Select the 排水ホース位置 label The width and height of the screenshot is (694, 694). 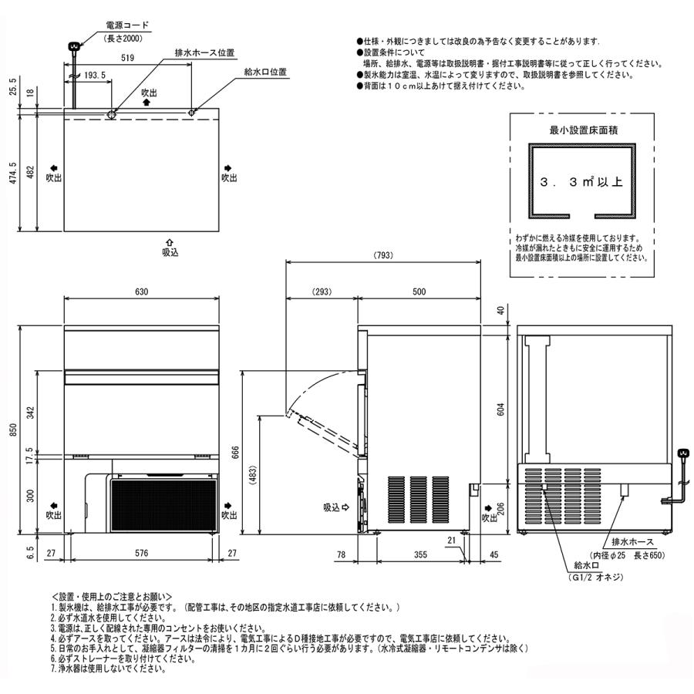204,52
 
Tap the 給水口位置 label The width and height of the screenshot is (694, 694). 264,72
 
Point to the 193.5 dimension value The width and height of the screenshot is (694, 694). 96,76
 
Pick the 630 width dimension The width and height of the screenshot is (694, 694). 141,292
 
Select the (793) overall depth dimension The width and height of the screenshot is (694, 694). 383,255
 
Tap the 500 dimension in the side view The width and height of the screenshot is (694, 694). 419,292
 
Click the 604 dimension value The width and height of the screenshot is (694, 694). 501,411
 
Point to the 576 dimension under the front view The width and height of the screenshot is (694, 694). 141,552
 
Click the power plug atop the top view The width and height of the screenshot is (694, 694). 74,47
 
